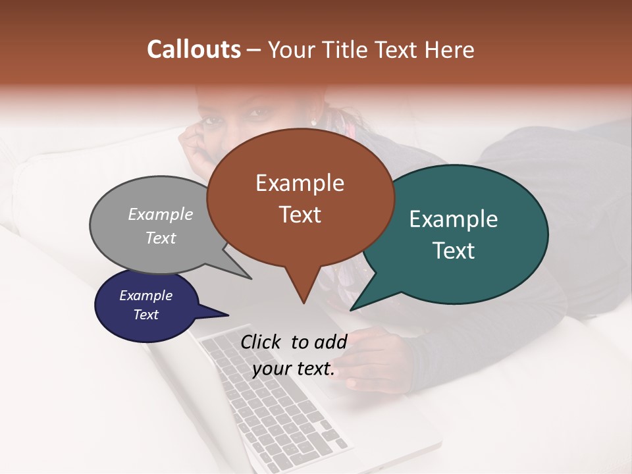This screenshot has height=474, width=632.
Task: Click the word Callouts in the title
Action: click(x=194, y=50)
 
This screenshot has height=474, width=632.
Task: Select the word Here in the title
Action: click(x=448, y=50)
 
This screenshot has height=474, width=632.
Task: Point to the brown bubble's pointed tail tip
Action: click(x=303, y=303)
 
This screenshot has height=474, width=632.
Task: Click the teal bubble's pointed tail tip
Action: click(x=351, y=309)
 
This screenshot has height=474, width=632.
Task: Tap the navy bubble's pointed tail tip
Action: click(x=228, y=315)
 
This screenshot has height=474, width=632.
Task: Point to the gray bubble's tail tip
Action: click(x=251, y=278)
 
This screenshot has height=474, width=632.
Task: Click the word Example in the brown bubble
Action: click(x=300, y=183)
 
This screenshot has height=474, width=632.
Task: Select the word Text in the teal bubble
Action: click(x=454, y=251)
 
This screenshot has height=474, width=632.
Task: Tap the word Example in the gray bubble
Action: click(x=161, y=215)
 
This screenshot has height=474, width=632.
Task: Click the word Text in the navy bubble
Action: click(x=146, y=315)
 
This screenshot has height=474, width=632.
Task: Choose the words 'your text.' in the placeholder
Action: click(x=294, y=369)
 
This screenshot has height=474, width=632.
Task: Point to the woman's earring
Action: click(x=313, y=122)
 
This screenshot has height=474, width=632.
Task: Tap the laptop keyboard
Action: click(x=276, y=402)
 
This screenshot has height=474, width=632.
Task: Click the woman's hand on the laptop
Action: click(x=375, y=359)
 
